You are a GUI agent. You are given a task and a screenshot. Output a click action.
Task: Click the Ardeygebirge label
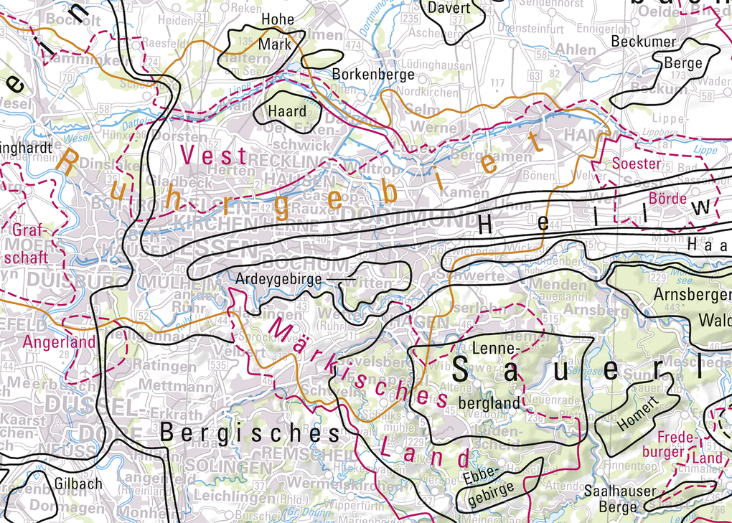278,278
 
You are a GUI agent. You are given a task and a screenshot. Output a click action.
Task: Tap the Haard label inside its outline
286,111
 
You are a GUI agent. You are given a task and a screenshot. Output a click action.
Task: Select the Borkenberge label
373,74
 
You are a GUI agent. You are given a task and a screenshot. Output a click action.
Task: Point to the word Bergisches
249,433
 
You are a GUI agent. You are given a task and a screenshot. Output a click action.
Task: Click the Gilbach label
78,484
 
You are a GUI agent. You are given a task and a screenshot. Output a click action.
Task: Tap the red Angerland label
59,342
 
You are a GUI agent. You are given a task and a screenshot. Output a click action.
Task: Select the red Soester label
637,164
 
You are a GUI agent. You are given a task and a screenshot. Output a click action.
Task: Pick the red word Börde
667,198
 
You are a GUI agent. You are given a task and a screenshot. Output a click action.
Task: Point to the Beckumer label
644,42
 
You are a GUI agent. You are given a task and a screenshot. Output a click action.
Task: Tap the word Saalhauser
619,491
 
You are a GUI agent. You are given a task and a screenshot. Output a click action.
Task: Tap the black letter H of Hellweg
486,226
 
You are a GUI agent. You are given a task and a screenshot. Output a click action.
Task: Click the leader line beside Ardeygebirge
341,278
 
